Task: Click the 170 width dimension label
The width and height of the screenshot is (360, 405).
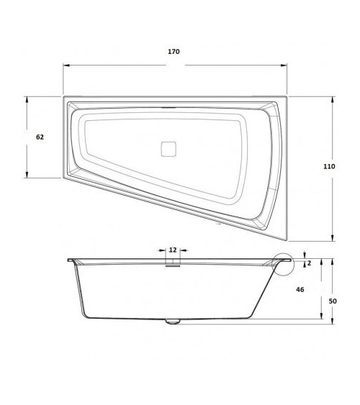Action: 174,52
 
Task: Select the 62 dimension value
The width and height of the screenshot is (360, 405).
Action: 40,137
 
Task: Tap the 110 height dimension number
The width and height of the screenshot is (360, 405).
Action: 329,166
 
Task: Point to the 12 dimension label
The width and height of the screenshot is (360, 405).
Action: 173,250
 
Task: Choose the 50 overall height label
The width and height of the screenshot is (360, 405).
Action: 332,301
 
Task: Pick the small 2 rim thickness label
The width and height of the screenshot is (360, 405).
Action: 310,263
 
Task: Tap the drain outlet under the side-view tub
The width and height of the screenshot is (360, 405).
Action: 172,322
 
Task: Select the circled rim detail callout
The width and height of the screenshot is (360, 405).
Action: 284,263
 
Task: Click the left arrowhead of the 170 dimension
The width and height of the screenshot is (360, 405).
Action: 66,65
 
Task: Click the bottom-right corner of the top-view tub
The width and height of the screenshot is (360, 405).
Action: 286,240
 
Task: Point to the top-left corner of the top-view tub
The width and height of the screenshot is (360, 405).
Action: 64,97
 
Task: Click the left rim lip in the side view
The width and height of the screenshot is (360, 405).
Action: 71,260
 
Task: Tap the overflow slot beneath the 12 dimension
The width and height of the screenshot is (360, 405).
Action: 173,264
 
